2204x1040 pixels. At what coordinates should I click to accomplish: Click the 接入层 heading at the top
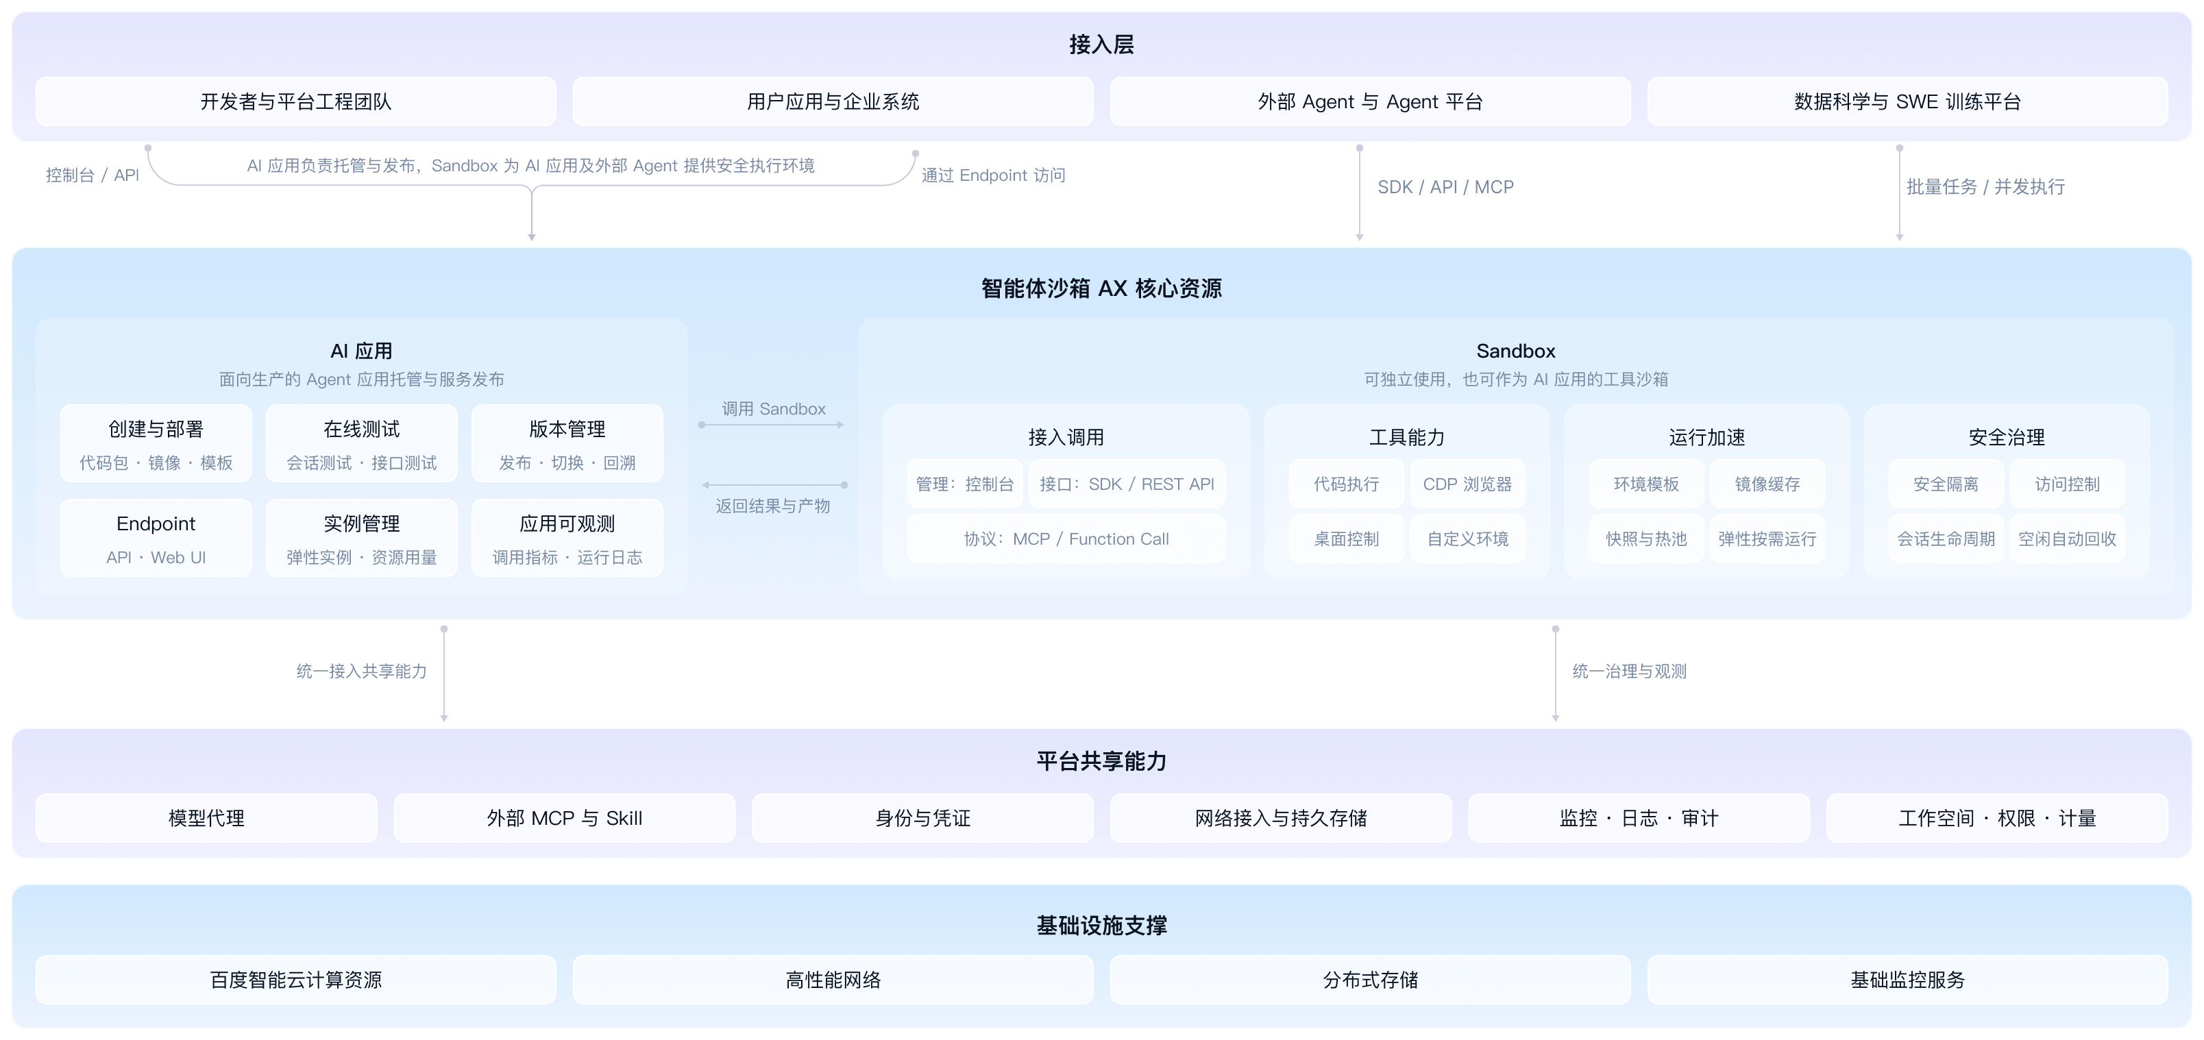point(1101,45)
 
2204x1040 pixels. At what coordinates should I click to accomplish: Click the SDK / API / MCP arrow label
point(1445,186)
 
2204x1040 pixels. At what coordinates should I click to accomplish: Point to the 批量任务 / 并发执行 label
point(1985,186)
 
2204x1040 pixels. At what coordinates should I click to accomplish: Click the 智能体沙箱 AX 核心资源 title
point(1101,288)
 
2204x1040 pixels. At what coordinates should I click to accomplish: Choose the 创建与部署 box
point(156,443)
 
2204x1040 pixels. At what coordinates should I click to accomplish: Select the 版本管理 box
point(567,443)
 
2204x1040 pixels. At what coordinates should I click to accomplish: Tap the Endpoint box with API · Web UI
point(156,538)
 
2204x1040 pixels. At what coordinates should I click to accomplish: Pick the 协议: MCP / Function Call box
point(1066,538)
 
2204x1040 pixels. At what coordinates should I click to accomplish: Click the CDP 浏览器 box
point(1467,484)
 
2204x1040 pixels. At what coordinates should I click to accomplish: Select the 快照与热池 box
point(1646,538)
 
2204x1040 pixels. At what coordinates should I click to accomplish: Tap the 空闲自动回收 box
point(2067,538)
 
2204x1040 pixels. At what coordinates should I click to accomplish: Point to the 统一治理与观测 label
point(1629,671)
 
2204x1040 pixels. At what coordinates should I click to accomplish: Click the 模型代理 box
point(206,819)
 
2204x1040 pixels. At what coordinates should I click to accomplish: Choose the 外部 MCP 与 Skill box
point(565,819)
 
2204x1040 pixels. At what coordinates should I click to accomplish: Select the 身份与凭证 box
point(922,819)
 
